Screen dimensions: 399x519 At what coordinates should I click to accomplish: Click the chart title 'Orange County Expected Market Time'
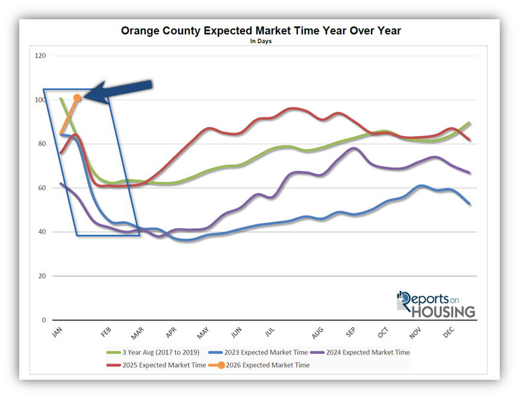point(261,31)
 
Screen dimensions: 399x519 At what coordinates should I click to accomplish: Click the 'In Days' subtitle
point(261,42)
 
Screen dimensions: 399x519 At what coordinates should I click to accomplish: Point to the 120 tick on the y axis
point(42,56)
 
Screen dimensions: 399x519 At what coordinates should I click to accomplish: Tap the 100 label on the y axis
point(42,100)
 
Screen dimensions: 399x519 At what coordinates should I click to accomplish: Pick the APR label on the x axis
point(170,333)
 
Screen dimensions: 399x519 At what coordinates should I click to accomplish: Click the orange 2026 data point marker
point(77,97)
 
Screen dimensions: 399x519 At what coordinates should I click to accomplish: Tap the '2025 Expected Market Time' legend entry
point(163,365)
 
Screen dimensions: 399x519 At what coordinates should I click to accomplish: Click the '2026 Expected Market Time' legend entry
point(267,365)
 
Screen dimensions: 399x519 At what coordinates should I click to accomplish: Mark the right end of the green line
point(470,123)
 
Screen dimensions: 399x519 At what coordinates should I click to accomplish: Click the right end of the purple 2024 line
point(470,173)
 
